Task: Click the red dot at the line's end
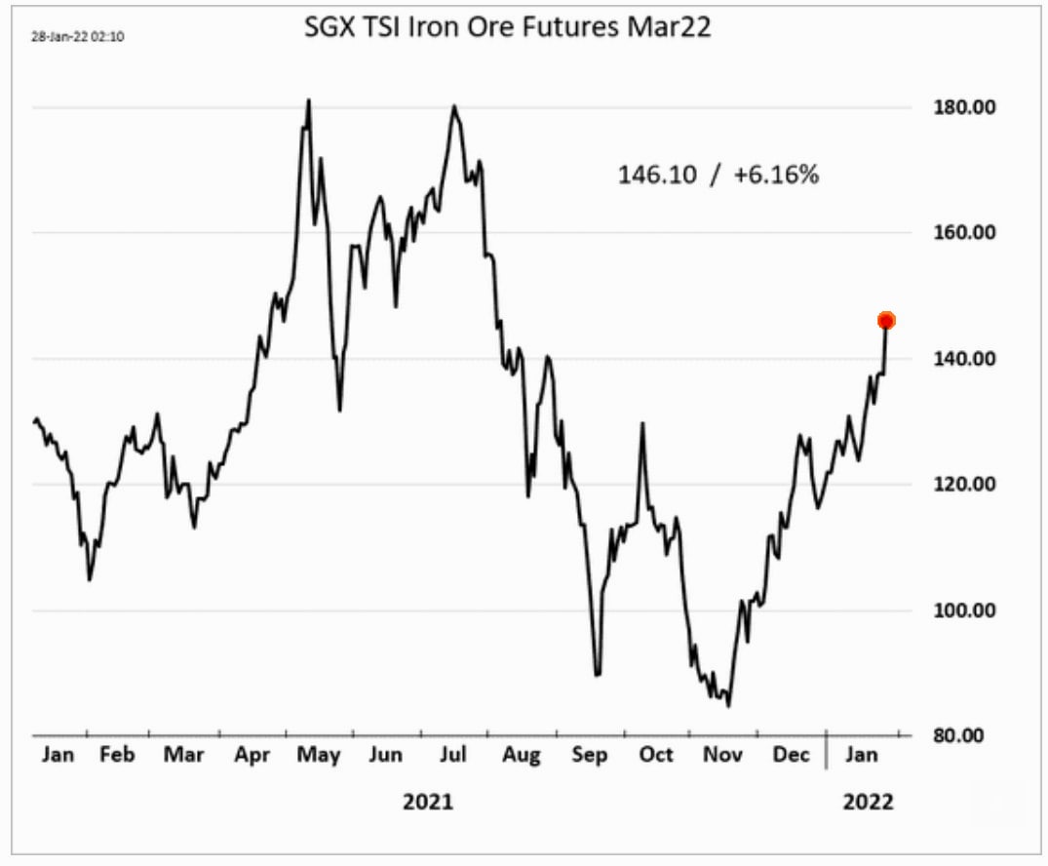[886, 320]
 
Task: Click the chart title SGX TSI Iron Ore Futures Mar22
[509, 28]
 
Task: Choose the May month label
[319, 755]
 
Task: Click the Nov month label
[723, 755]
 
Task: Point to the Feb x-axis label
[117, 755]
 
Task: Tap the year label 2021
[428, 803]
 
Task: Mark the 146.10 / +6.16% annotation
[718, 175]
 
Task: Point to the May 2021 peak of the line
[308, 99]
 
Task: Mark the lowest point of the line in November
[728, 706]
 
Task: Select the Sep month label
[589, 755]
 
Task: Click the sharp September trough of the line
[597, 674]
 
